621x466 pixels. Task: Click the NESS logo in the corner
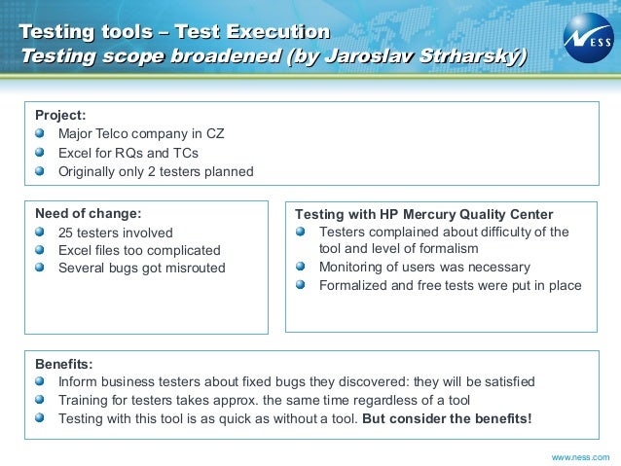[588, 38]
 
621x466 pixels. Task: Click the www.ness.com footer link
[580, 456]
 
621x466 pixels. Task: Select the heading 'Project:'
[60, 115]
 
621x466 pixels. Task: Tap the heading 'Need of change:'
[88, 214]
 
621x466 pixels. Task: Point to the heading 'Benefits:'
[63, 364]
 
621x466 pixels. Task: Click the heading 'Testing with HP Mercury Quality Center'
[423, 214]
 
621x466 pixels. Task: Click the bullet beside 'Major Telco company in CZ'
[40, 133]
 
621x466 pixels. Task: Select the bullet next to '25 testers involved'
[40, 233]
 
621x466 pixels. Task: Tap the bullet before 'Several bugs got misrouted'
[40, 268]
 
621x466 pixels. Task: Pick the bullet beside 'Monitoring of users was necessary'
[301, 268]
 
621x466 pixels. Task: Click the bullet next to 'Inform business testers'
[40, 381]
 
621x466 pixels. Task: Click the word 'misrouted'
[193, 269]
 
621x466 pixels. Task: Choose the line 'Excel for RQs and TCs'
[128, 154]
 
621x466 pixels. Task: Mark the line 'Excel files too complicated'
[139, 251]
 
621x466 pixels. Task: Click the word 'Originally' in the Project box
[88, 172]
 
